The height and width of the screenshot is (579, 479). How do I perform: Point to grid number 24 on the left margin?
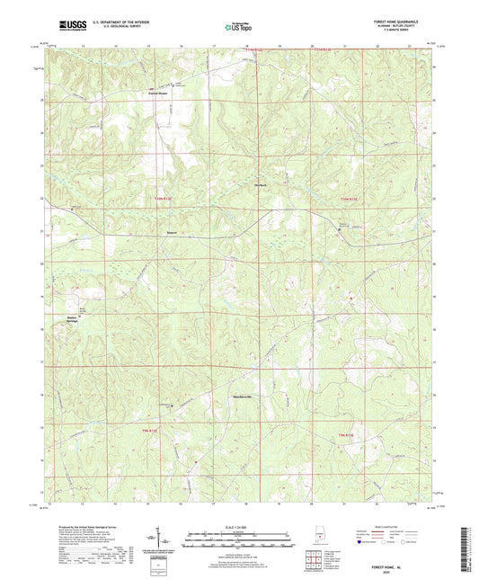pyautogui.click(x=41, y=133)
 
